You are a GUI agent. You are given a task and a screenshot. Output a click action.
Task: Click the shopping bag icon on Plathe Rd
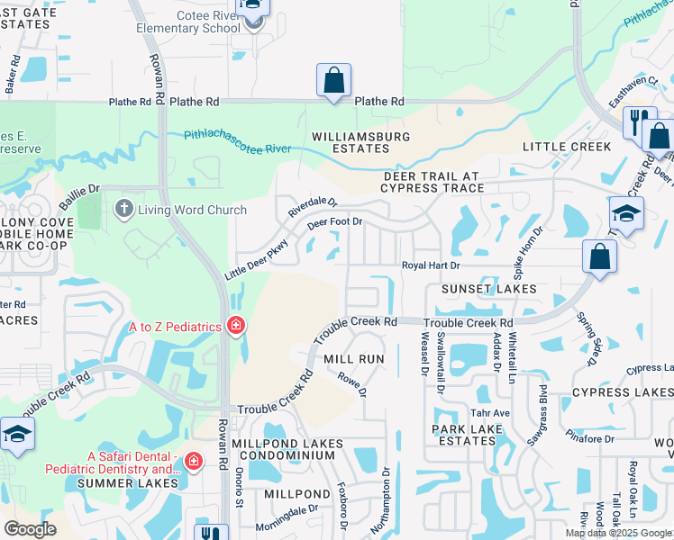click(x=333, y=81)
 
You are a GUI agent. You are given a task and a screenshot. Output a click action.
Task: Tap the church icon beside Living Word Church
click(x=124, y=210)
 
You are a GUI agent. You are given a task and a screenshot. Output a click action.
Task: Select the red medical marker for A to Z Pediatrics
click(x=236, y=325)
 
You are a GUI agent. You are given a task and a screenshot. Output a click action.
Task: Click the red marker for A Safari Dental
click(x=193, y=462)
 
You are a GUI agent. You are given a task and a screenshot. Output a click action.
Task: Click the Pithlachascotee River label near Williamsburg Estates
click(x=237, y=142)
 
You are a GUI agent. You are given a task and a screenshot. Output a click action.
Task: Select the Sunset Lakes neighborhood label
click(x=488, y=289)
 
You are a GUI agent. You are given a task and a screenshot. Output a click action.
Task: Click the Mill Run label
click(x=354, y=359)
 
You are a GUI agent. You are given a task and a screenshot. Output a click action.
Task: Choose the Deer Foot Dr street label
click(x=334, y=221)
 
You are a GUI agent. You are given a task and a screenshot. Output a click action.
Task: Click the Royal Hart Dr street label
click(x=431, y=265)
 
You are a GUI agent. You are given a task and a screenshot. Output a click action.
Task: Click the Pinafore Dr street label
click(x=591, y=438)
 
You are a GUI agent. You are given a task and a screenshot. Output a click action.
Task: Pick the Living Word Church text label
click(x=192, y=211)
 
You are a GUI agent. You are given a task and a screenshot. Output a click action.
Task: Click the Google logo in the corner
click(x=30, y=529)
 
